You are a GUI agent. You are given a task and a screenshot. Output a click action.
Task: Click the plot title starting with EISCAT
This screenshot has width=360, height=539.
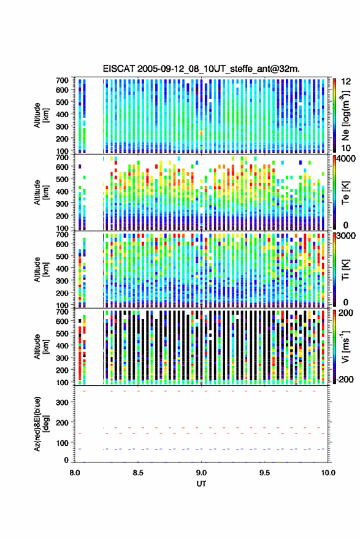[201, 69]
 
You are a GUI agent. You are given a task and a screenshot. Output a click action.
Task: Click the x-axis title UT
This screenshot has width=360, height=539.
[201, 484]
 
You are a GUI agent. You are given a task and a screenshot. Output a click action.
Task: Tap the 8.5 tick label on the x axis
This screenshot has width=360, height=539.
[138, 473]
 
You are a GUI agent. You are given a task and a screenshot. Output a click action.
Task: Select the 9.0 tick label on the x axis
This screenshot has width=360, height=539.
[201, 473]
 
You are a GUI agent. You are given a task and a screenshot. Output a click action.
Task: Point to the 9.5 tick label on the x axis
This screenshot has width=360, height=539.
[264, 473]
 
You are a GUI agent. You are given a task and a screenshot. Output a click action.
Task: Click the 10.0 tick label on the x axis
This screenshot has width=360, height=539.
[328, 473]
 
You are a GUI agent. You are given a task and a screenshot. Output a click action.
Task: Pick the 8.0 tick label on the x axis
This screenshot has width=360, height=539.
[75, 473]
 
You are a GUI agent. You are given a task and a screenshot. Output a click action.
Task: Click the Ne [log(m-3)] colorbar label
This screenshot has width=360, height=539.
[345, 115]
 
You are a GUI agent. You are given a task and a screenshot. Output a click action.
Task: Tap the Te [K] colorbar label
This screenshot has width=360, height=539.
[345, 193]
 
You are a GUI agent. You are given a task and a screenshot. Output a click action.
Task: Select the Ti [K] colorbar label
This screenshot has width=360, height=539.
[345, 270]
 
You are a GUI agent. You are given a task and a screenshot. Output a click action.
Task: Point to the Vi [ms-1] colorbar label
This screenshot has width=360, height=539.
[345, 346]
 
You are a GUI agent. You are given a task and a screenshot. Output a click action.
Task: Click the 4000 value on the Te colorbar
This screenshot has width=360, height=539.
[346, 159]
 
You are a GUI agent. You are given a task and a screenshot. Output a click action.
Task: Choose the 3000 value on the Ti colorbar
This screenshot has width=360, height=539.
[346, 236]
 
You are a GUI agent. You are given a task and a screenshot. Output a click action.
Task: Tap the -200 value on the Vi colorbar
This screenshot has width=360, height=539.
[345, 380]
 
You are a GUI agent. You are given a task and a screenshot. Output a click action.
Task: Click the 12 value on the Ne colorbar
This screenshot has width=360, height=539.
[346, 82]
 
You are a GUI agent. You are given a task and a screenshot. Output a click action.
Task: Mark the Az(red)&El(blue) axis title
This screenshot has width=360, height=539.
[41, 424]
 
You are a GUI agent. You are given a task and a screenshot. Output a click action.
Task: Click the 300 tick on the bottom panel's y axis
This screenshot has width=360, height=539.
[62, 402]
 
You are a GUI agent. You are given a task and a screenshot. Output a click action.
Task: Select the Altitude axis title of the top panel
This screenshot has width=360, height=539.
[41, 115]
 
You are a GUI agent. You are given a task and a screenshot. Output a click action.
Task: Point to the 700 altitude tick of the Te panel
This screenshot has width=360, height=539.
[62, 157]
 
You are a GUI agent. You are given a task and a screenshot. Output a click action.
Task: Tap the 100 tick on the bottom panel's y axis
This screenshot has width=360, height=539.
[62, 443]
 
